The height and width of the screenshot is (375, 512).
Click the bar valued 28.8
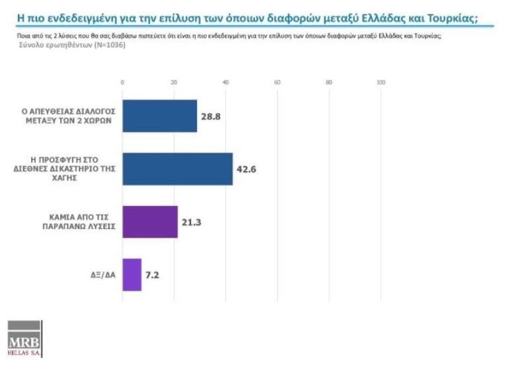pyautogui.click(x=160, y=116)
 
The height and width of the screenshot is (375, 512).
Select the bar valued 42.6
pyautogui.click(x=177, y=168)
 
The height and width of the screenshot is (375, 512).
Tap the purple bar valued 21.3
pyautogui.click(x=150, y=221)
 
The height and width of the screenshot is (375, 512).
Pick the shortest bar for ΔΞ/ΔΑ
pyautogui.click(x=132, y=274)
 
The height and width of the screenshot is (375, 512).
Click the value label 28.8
pyautogui.click(x=211, y=117)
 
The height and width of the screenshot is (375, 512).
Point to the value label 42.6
pyautogui.click(x=246, y=169)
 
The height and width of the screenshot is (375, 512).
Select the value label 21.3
pyautogui.click(x=191, y=222)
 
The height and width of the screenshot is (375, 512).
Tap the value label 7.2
pyautogui.click(x=152, y=275)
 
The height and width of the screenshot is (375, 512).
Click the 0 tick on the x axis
pyautogui.click(x=122, y=83)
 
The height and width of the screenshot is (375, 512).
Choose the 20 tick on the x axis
pyautogui.click(x=174, y=83)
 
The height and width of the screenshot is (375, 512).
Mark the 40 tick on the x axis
pyautogui.click(x=226, y=83)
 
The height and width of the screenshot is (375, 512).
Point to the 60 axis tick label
pyautogui.click(x=277, y=83)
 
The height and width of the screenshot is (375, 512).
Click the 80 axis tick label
pyautogui.click(x=329, y=83)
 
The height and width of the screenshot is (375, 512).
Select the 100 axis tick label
pyautogui.click(x=381, y=83)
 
